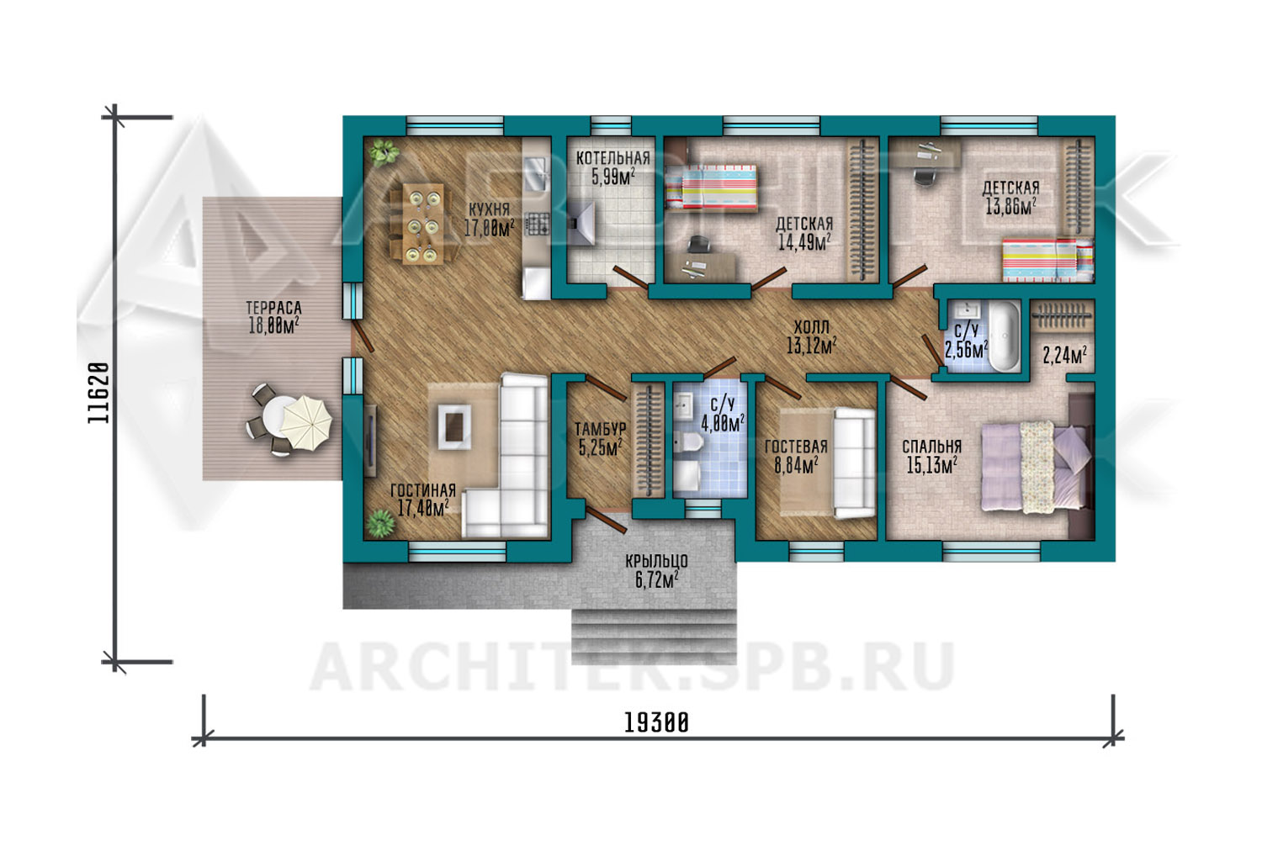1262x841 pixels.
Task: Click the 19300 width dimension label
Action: point(656,722)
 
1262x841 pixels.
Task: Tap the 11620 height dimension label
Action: point(98,393)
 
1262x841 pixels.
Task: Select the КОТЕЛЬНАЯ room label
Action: point(613,158)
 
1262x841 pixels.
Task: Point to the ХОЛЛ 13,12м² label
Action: point(811,337)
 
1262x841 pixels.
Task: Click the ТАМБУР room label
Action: point(600,429)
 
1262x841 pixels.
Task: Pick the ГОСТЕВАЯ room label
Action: point(796,447)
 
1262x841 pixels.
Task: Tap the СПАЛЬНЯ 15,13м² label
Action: point(932,456)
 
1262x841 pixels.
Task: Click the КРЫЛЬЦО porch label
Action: point(656,561)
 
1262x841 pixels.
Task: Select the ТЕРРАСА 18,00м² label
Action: point(273,317)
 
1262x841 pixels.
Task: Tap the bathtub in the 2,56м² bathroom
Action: point(1005,336)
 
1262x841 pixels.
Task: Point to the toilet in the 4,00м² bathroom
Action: point(687,441)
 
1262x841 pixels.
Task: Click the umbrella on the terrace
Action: point(306,422)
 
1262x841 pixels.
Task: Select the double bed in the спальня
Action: point(1037,467)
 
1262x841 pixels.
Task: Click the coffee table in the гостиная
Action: point(453,426)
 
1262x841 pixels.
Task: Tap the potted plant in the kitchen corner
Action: point(384,152)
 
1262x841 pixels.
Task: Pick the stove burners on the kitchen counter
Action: point(537,224)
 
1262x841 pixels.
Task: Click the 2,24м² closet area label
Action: point(1064,356)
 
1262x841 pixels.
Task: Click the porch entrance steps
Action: point(654,637)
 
